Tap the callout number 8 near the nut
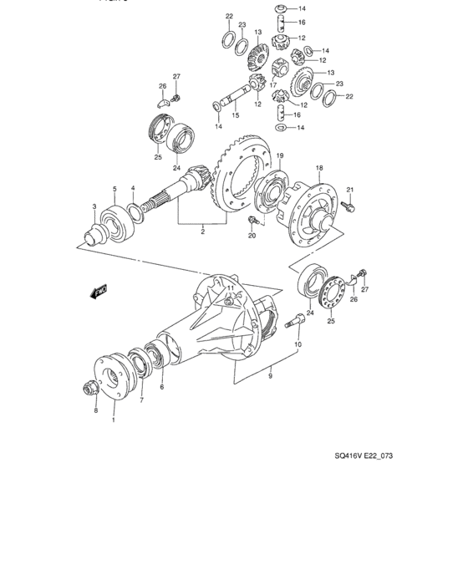click(x=95, y=410)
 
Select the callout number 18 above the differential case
click(x=319, y=168)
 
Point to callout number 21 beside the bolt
click(x=351, y=189)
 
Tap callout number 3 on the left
click(x=94, y=206)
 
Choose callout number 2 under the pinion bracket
click(x=202, y=233)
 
